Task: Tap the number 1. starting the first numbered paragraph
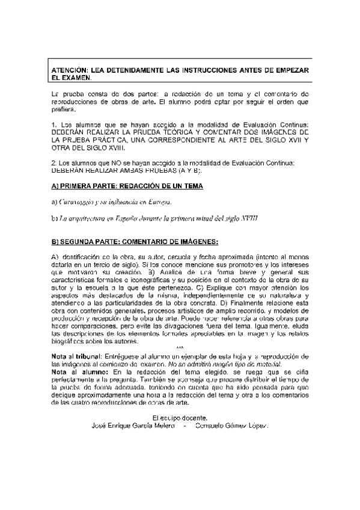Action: [55, 123]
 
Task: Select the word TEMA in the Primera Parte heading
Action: [191, 186]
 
